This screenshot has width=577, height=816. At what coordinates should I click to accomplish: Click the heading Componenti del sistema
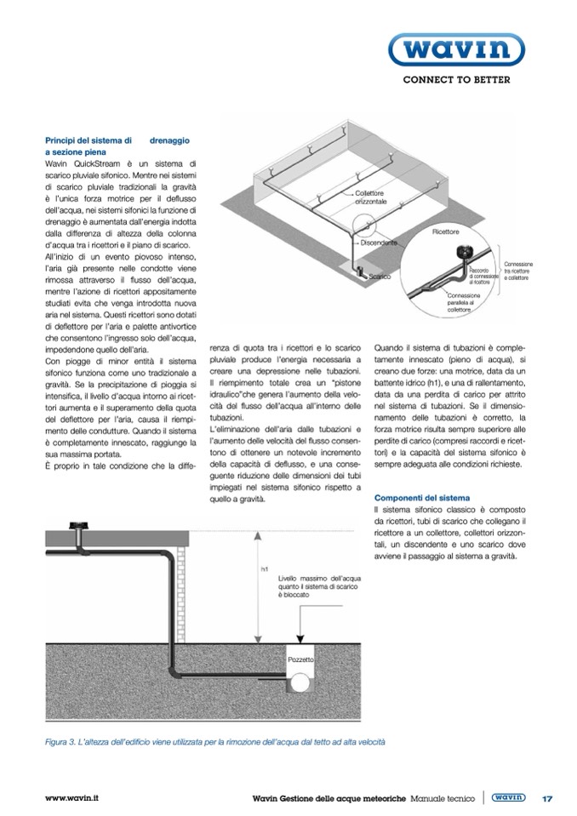[x=423, y=496]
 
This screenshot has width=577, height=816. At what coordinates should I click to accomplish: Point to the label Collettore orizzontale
[x=371, y=199]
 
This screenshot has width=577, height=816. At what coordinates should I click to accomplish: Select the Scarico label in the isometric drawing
[x=380, y=277]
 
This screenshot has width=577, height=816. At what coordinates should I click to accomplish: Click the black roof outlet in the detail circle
[x=466, y=252]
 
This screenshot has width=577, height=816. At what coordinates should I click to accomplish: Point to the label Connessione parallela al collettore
[x=465, y=301]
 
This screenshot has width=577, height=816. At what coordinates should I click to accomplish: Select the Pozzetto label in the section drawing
[x=300, y=659]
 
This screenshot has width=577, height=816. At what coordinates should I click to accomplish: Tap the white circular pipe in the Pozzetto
[x=301, y=682]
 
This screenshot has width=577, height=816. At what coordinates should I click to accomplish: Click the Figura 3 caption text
[x=214, y=742]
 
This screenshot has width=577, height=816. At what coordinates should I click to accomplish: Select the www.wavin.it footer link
[x=71, y=799]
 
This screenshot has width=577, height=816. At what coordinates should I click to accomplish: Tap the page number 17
[x=547, y=799]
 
